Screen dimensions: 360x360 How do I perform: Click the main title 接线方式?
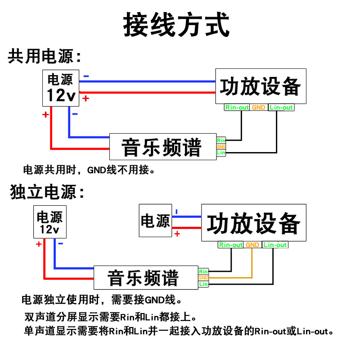(x=176, y=24)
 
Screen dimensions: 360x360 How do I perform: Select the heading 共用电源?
(x=45, y=56)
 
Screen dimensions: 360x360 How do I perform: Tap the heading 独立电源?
(x=47, y=192)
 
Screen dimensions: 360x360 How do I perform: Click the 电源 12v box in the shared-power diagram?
(x=61, y=88)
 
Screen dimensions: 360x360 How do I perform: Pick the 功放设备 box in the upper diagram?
(x=261, y=86)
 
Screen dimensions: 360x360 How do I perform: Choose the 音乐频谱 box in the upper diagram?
(x=163, y=147)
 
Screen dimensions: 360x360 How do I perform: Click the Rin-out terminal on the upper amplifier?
(x=237, y=108)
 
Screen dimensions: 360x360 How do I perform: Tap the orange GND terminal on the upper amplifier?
(x=258, y=108)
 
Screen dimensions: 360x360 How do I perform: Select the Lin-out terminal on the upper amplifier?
(x=281, y=108)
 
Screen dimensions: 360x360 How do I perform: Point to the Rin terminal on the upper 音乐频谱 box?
(x=221, y=140)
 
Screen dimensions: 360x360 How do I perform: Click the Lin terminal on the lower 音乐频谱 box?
(x=203, y=284)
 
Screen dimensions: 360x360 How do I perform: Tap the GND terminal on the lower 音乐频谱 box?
(x=203, y=278)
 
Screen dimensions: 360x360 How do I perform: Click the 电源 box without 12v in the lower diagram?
(x=155, y=220)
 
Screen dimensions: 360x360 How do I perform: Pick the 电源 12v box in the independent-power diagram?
(x=50, y=222)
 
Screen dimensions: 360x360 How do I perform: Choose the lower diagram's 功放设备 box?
(x=254, y=222)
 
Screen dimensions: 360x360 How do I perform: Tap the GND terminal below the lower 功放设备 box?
(x=252, y=245)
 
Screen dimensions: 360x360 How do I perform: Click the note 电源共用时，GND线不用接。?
(x=89, y=170)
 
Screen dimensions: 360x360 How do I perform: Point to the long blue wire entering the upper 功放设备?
(x=147, y=81)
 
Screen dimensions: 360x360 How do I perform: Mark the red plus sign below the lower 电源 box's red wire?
(x=177, y=234)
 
